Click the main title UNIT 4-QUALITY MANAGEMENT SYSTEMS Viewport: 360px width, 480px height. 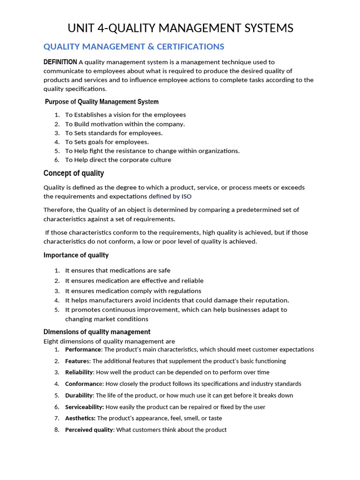click(180, 29)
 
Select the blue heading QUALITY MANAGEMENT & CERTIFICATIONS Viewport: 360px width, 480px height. click(134, 46)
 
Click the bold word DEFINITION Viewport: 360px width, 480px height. click(60, 62)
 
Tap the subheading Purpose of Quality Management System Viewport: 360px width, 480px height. click(102, 102)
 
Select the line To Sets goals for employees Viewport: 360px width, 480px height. click(107, 142)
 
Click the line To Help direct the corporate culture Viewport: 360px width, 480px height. click(118, 160)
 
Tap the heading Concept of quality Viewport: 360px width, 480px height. click(74, 173)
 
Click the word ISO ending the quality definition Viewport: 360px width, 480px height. click(186, 196)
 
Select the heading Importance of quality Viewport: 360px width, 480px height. click(76, 255)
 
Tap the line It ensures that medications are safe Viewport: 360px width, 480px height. click(118, 270)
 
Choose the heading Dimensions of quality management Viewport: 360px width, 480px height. click(97, 332)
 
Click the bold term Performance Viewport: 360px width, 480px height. click(83, 350)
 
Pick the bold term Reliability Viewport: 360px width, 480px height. click(79, 372)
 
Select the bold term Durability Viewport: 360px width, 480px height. click(79, 395)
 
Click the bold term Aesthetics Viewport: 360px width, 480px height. click(80, 418)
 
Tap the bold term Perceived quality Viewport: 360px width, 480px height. click(89, 430)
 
